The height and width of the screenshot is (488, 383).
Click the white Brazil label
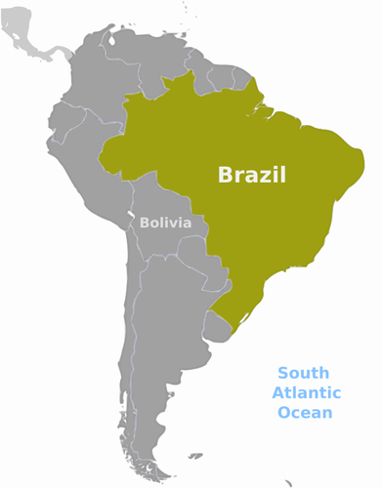click(252, 176)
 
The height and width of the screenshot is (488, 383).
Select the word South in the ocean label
click(303, 373)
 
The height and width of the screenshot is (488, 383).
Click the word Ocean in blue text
click(305, 413)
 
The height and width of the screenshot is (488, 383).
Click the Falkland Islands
click(195, 456)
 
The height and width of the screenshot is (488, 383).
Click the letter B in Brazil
click(224, 176)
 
